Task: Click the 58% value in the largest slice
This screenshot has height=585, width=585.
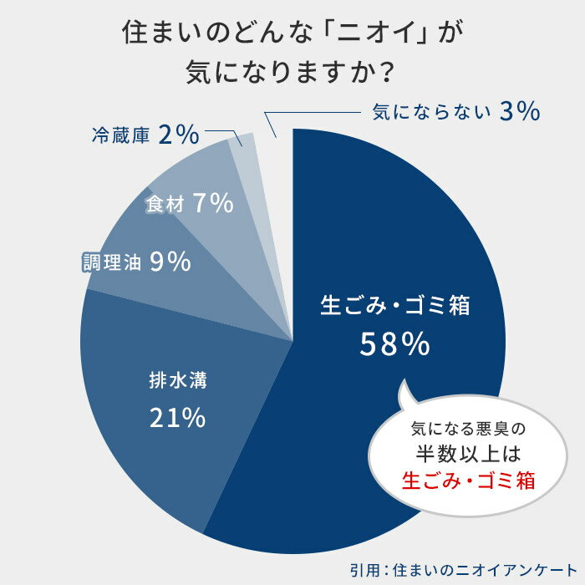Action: click(394, 343)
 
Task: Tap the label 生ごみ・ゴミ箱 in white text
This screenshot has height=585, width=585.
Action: click(395, 305)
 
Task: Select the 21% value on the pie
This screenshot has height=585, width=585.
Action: click(177, 418)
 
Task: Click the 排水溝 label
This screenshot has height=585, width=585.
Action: click(177, 383)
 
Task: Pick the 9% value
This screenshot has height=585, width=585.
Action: click(171, 262)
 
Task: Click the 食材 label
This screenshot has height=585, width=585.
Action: click(164, 204)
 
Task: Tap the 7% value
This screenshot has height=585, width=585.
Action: click(211, 203)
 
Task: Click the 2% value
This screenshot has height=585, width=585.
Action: click(177, 134)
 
